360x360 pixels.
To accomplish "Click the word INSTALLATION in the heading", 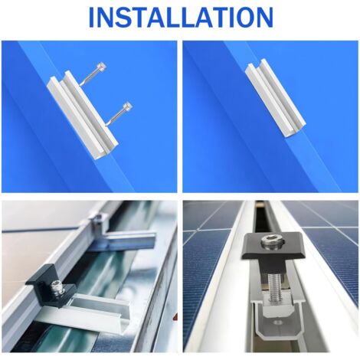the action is coord(181,18).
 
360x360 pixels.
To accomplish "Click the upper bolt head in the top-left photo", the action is coord(102,67).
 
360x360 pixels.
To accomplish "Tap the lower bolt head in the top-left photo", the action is coord(127,106).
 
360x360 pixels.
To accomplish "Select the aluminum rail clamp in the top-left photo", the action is coord(83,115).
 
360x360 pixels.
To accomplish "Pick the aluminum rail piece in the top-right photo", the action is coord(275,98).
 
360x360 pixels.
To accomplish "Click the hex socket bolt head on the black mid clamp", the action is coord(271,241).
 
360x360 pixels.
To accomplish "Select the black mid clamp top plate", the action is coord(273,245).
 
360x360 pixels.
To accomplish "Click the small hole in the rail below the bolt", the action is coord(277,322).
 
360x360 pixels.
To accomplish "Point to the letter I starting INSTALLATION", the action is coord(92,18).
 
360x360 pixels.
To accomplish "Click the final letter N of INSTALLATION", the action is coord(264,18).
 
